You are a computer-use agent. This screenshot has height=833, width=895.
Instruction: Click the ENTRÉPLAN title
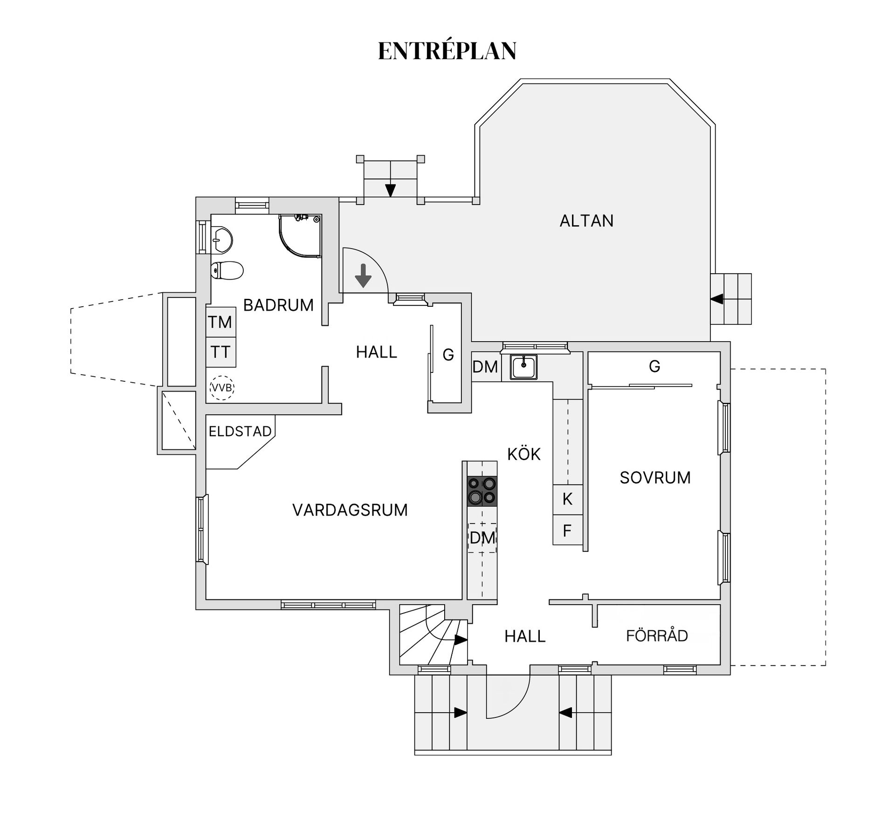pos(447,51)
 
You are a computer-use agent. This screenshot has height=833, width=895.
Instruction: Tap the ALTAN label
pos(586,220)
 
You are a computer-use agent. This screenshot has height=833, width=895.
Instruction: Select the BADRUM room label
pos(278,305)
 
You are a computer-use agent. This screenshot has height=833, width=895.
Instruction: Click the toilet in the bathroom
pos(227,270)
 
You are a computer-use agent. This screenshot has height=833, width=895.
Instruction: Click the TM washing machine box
pos(220,322)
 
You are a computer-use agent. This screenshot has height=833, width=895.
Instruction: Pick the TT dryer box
pos(220,352)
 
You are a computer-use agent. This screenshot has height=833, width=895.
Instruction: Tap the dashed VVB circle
pos(222,388)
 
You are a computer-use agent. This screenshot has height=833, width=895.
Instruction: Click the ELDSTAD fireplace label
pos(240,432)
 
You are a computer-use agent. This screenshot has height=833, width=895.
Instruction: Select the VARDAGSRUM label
pos(350,510)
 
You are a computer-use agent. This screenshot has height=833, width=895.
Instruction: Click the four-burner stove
pos(482,491)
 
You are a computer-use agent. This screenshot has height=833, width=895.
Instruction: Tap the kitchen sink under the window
pos(523,367)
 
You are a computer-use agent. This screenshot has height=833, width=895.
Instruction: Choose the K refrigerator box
pos(567,499)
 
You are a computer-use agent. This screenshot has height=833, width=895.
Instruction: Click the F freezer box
pos(567,530)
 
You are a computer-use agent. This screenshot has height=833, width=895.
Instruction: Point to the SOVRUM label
pos(655,478)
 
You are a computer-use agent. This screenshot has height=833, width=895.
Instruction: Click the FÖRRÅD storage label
pos(657,636)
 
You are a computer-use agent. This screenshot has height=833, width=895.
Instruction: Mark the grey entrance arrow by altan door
pos(363,275)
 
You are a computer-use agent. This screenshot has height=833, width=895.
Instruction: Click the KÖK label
pos(524,454)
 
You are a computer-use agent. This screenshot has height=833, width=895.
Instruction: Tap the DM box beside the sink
pos(485,367)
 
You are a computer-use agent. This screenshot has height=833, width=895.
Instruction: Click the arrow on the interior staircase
pos(461,640)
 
